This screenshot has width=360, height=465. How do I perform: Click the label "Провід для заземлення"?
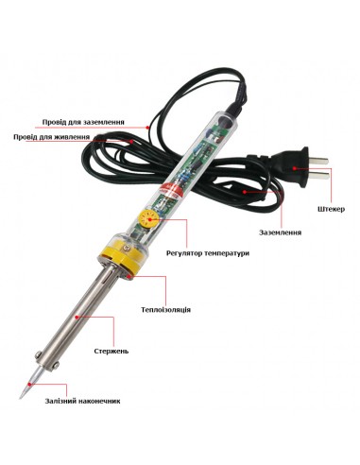pyautogui.click(x=83, y=122)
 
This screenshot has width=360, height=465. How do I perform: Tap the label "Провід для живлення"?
pyautogui.click(x=51, y=137)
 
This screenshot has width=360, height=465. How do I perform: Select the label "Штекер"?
pyautogui.click(x=331, y=209)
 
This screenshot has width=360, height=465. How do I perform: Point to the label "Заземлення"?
pyautogui.click(x=280, y=232)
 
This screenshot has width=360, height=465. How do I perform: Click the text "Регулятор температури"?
pyautogui.click(x=208, y=253)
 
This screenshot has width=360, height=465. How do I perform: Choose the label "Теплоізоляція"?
pyautogui.click(x=165, y=309)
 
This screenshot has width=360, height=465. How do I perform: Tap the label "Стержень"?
pyautogui.click(x=111, y=351)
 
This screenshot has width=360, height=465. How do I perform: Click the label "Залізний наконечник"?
pyautogui.click(x=82, y=401)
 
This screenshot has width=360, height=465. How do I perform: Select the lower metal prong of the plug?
pyautogui.click(x=318, y=174)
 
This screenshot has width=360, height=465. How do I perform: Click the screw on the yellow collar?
pyautogui.click(x=128, y=249)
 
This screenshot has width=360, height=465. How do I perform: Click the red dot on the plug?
pyautogui.click(x=294, y=168)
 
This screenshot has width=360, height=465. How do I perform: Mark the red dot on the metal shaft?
pyautogui.click(x=77, y=317)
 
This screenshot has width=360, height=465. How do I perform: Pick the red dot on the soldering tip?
pyautogui.click(x=29, y=385)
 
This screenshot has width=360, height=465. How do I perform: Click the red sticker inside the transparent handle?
pyautogui.click(x=170, y=191)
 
